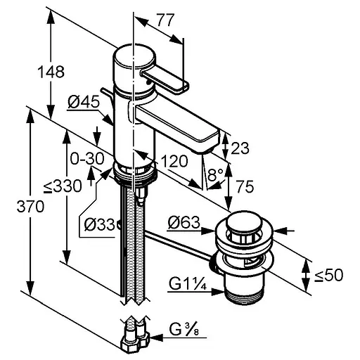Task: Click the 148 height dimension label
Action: (x=51, y=72)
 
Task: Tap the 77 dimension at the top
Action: (x=166, y=20)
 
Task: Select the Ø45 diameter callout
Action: (x=84, y=103)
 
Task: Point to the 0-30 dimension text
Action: (x=87, y=158)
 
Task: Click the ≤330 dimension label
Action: (x=63, y=186)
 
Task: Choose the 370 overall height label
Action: (x=30, y=207)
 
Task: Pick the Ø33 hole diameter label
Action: (x=99, y=225)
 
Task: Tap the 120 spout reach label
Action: (x=174, y=161)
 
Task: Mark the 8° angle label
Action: (x=215, y=174)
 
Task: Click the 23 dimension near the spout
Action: (x=240, y=148)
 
